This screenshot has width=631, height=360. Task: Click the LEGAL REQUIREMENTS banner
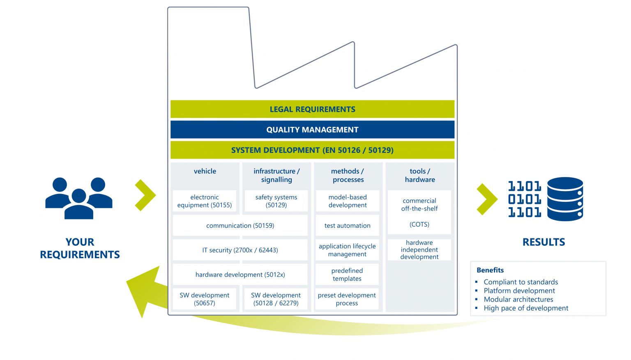click(x=312, y=109)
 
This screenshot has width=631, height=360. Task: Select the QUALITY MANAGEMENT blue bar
click(x=312, y=130)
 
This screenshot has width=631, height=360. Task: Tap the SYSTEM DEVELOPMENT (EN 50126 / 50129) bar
click(x=312, y=150)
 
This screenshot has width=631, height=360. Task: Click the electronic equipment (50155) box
click(x=205, y=201)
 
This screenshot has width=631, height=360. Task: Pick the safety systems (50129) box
click(x=276, y=201)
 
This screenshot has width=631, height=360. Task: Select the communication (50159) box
click(x=240, y=226)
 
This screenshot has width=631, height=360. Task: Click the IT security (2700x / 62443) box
click(x=240, y=250)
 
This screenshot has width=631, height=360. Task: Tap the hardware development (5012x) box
click(x=240, y=275)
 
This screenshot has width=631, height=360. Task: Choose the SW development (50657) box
click(x=205, y=299)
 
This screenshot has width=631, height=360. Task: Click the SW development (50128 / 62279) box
click(x=276, y=299)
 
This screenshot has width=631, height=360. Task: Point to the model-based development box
click(x=348, y=201)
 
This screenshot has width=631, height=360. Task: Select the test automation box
click(x=348, y=226)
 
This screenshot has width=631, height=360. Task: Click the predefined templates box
click(x=348, y=275)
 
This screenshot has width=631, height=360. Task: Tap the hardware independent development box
click(x=419, y=249)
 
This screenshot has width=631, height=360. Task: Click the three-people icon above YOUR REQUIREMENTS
click(x=79, y=198)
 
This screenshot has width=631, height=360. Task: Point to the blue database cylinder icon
click(x=565, y=199)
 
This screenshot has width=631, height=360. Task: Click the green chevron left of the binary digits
click(x=487, y=199)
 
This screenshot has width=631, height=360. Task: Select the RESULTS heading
click(x=543, y=242)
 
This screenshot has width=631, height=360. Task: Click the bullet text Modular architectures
click(x=518, y=299)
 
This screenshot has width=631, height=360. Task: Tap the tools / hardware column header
click(x=420, y=175)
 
